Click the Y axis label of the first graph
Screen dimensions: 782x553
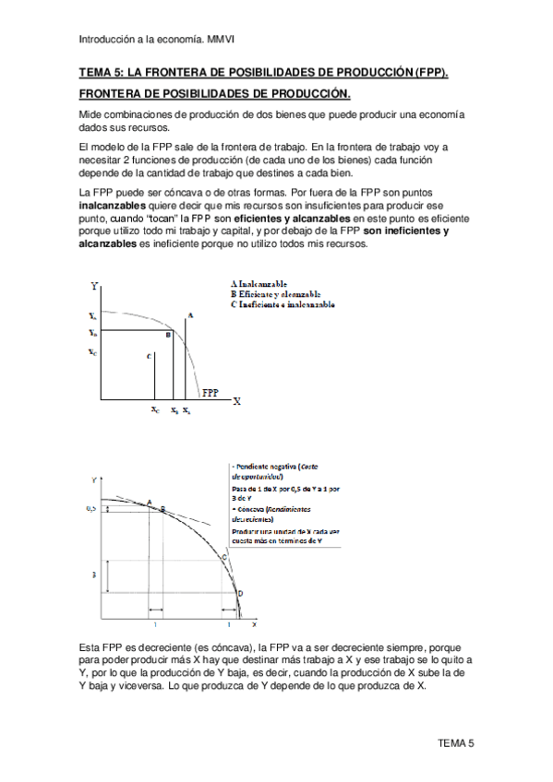coord(94,287)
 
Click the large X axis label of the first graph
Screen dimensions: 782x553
coord(236,401)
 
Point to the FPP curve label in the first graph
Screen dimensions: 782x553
coord(210,391)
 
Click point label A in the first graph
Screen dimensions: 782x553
coord(189,315)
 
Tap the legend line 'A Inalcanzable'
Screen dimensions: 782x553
coord(260,284)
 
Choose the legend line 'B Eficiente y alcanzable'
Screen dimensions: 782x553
coord(278,294)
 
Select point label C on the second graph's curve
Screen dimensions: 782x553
coord(223,557)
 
